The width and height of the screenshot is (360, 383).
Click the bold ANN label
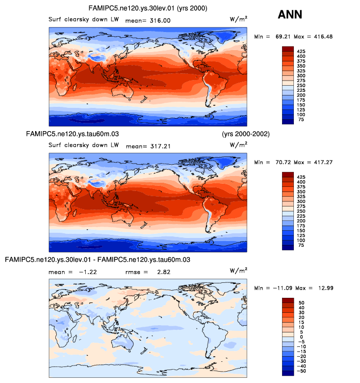point(290,14)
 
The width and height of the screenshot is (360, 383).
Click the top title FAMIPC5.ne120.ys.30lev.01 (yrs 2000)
point(149,9)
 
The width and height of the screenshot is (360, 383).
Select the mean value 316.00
point(160,21)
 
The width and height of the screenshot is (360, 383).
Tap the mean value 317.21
point(160,146)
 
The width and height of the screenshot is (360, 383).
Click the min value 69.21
point(284,37)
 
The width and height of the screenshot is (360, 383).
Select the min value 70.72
point(284,163)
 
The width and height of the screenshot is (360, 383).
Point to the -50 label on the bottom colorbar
point(302,371)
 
